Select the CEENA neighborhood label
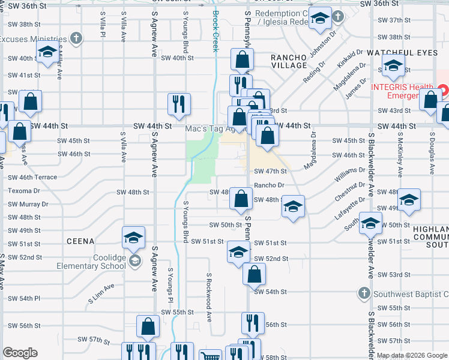[80, 241]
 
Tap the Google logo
[20, 353]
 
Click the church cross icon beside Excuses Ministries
[76, 39]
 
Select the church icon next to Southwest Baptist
[363, 293]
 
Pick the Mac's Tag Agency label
[215, 128]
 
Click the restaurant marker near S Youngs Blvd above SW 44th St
[179, 104]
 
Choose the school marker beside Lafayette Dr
[293, 207]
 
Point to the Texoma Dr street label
[24, 191]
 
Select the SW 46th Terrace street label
[32, 178]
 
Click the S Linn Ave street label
[101, 294]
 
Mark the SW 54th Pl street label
[24, 298]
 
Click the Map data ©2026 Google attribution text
[412, 355]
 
